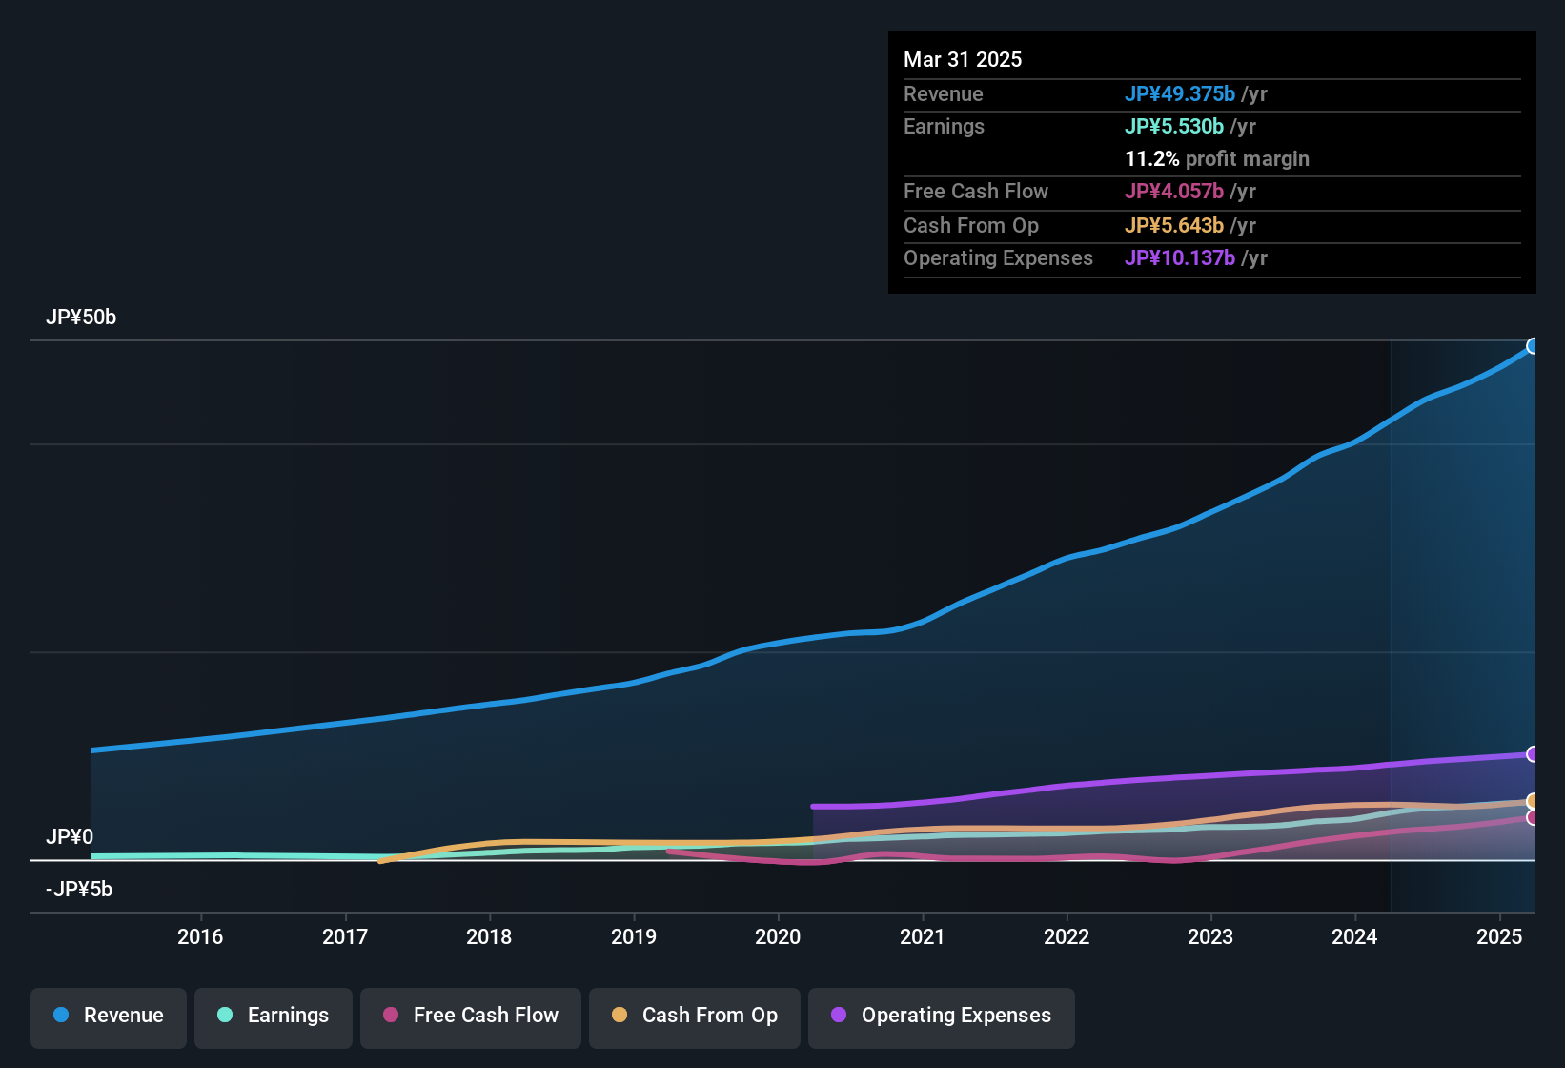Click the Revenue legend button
coord(109,1016)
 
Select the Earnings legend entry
coord(274,1016)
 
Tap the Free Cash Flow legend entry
coord(471,1016)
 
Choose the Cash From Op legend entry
coord(695,1016)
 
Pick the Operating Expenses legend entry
coord(942,1016)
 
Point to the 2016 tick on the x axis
coord(200,936)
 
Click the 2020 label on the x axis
coord(778,936)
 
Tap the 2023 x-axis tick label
coord(1210,936)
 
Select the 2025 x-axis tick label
coord(1499,936)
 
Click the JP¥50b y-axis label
coord(81,318)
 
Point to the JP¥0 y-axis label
coord(70,837)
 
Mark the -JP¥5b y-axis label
coord(79,890)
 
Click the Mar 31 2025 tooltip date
coord(963,59)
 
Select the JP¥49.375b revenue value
coord(1180,93)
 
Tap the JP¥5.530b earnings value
coord(1174,126)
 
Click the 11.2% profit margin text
coord(1217,159)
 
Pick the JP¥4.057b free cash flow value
coord(1174,191)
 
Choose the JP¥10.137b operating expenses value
coord(1180,258)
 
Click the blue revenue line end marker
coord(1533,346)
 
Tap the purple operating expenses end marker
coord(1533,754)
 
